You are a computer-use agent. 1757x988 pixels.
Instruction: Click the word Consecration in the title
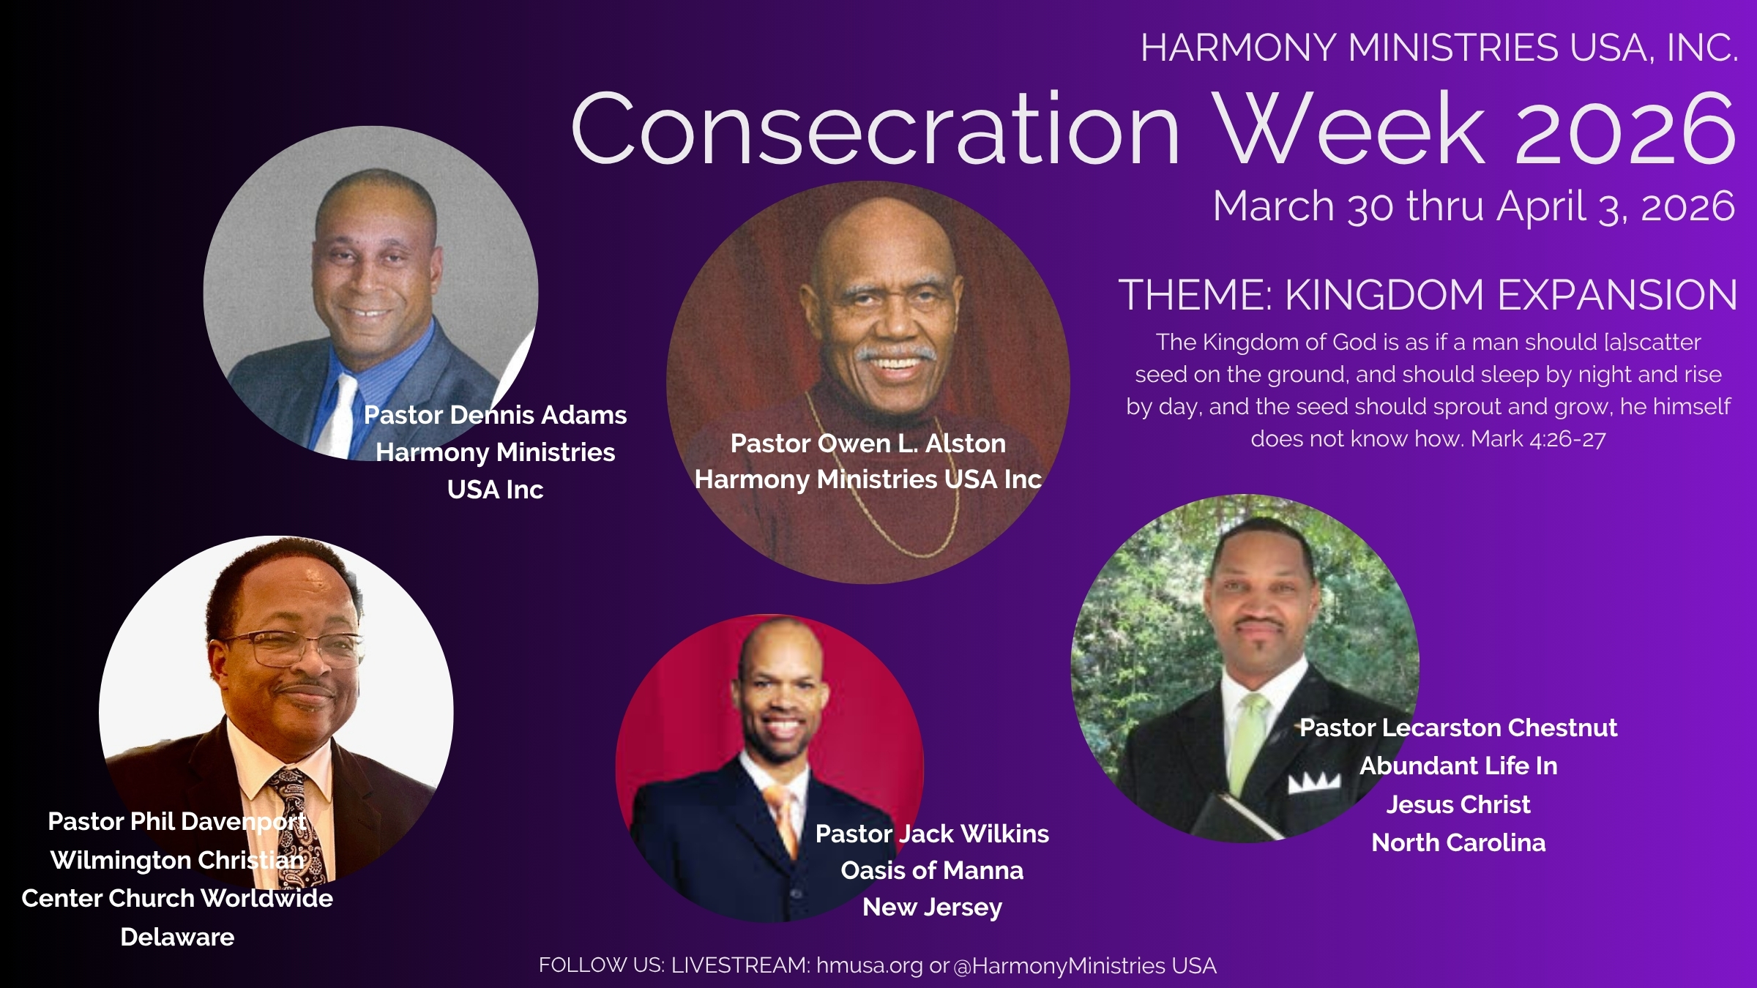pos(875,129)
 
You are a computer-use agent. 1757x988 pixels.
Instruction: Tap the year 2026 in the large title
pos(1625,129)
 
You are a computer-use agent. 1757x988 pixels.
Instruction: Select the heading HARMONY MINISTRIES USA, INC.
pos(1439,48)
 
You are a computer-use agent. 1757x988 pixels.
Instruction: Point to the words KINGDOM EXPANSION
pos(1511,295)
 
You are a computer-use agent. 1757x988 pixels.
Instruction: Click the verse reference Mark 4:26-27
pos(1538,438)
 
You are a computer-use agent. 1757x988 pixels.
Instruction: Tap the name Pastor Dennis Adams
pos(495,415)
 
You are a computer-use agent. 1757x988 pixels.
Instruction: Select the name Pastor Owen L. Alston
pos(868,444)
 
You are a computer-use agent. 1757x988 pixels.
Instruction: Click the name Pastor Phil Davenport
pos(176,821)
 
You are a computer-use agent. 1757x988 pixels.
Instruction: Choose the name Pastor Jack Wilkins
pos(932,834)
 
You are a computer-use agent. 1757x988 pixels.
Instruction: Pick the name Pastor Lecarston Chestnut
pos(1458,727)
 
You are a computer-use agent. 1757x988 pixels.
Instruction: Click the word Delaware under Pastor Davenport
pos(177,937)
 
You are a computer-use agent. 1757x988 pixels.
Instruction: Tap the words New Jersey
pos(932,907)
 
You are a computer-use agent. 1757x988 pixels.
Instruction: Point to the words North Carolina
pos(1458,842)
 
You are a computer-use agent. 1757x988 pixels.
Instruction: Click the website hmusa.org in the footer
pos(870,965)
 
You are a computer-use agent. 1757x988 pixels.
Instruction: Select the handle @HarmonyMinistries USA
pos(1085,965)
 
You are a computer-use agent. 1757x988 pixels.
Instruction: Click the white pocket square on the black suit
pos(1314,782)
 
